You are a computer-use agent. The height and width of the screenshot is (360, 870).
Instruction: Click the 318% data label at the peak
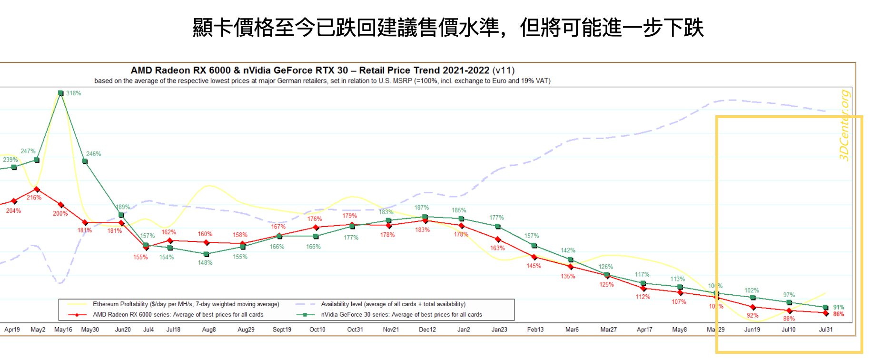(x=74, y=93)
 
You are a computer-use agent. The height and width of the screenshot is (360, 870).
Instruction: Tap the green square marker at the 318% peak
(x=60, y=93)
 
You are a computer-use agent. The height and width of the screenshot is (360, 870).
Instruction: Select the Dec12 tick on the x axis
(x=427, y=330)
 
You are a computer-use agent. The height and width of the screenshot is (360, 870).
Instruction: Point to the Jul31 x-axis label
(x=826, y=330)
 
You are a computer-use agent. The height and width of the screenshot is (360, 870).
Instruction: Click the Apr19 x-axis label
(x=12, y=330)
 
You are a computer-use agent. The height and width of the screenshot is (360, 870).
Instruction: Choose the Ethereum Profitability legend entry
(x=186, y=304)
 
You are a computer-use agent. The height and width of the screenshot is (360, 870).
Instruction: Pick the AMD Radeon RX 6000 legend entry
(x=178, y=315)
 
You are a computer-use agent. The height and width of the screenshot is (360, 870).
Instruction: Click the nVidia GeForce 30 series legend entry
(x=401, y=315)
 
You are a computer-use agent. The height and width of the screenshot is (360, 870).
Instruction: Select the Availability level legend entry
(x=393, y=304)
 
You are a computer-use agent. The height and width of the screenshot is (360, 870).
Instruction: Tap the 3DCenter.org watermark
(x=844, y=125)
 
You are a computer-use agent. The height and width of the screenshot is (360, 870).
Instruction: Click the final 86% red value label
(x=839, y=314)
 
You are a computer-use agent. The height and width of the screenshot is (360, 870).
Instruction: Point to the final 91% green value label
(x=839, y=308)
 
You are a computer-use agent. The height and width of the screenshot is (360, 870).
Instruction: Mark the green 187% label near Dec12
(x=422, y=208)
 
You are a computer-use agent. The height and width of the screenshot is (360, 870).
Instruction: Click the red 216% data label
(x=34, y=198)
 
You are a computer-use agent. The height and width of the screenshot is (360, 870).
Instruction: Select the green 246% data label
(x=94, y=154)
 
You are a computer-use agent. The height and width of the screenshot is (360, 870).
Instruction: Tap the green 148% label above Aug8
(x=205, y=263)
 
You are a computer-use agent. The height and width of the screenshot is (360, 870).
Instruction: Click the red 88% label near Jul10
(x=789, y=319)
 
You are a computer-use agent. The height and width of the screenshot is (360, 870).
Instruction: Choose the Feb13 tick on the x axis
(x=535, y=330)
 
